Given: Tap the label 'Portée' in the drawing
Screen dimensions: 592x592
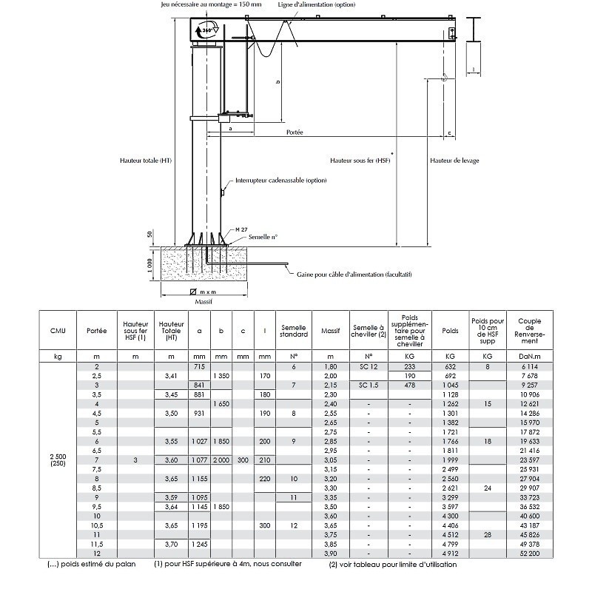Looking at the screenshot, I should click(x=295, y=132).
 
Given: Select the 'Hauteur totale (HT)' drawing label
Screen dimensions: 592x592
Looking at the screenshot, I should click(x=145, y=160).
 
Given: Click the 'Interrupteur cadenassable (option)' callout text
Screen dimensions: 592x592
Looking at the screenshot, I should click(x=280, y=180).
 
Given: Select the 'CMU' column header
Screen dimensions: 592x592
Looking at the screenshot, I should click(x=58, y=330).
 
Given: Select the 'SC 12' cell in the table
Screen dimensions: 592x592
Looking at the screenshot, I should click(x=368, y=367).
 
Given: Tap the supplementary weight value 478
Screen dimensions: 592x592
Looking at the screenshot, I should click(x=409, y=386).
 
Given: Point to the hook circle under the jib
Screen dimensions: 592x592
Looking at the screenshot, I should click(x=444, y=77).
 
